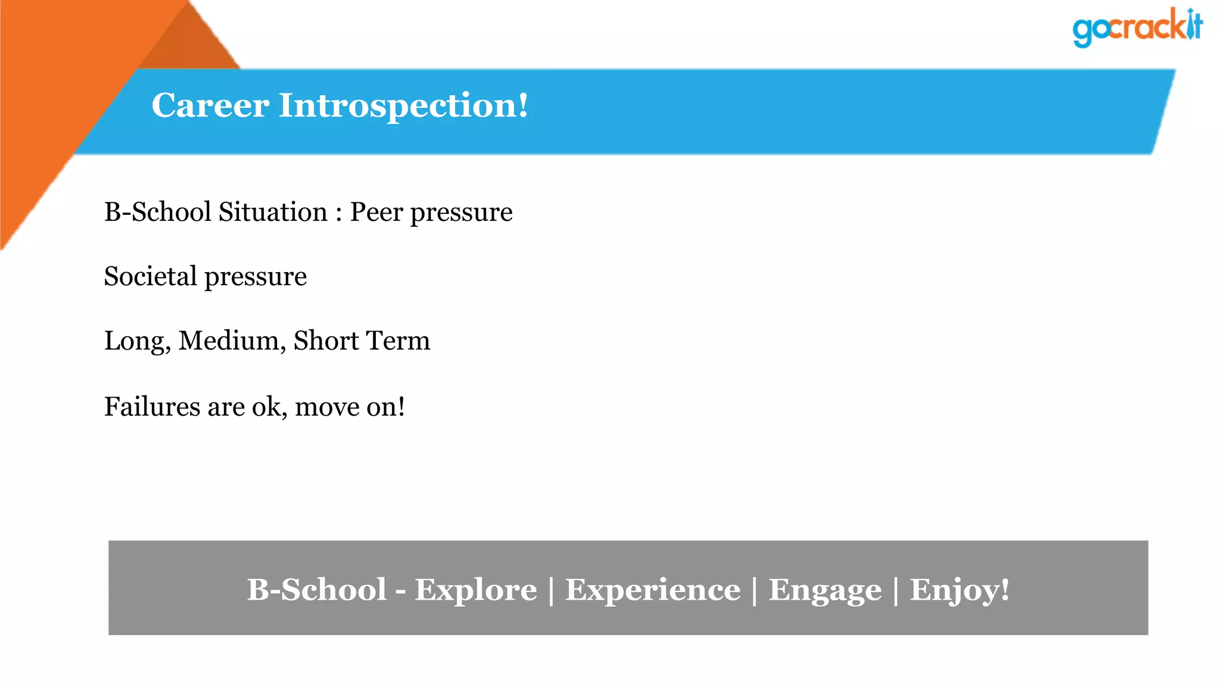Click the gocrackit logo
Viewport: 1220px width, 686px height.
tap(1137, 27)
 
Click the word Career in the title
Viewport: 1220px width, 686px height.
tap(210, 105)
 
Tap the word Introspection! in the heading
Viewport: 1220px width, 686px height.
tap(403, 105)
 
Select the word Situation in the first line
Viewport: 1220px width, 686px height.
tap(273, 212)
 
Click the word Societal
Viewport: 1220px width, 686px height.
tap(150, 276)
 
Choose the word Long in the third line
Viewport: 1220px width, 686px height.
tap(136, 341)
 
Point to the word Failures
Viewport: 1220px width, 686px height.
tap(152, 407)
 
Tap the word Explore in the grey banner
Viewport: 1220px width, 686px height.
tap(475, 590)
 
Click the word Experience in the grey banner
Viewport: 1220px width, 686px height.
tap(652, 590)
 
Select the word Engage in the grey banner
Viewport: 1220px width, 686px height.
tap(825, 590)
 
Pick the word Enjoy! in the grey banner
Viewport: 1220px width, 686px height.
tap(959, 590)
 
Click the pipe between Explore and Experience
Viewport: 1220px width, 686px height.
tap(551, 590)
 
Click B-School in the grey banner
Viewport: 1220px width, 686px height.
tap(316, 590)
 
